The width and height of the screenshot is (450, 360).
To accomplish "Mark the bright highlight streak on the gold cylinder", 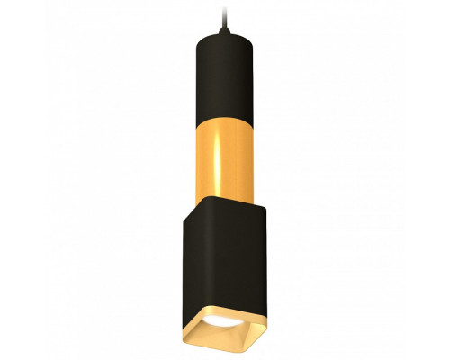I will [203, 144].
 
